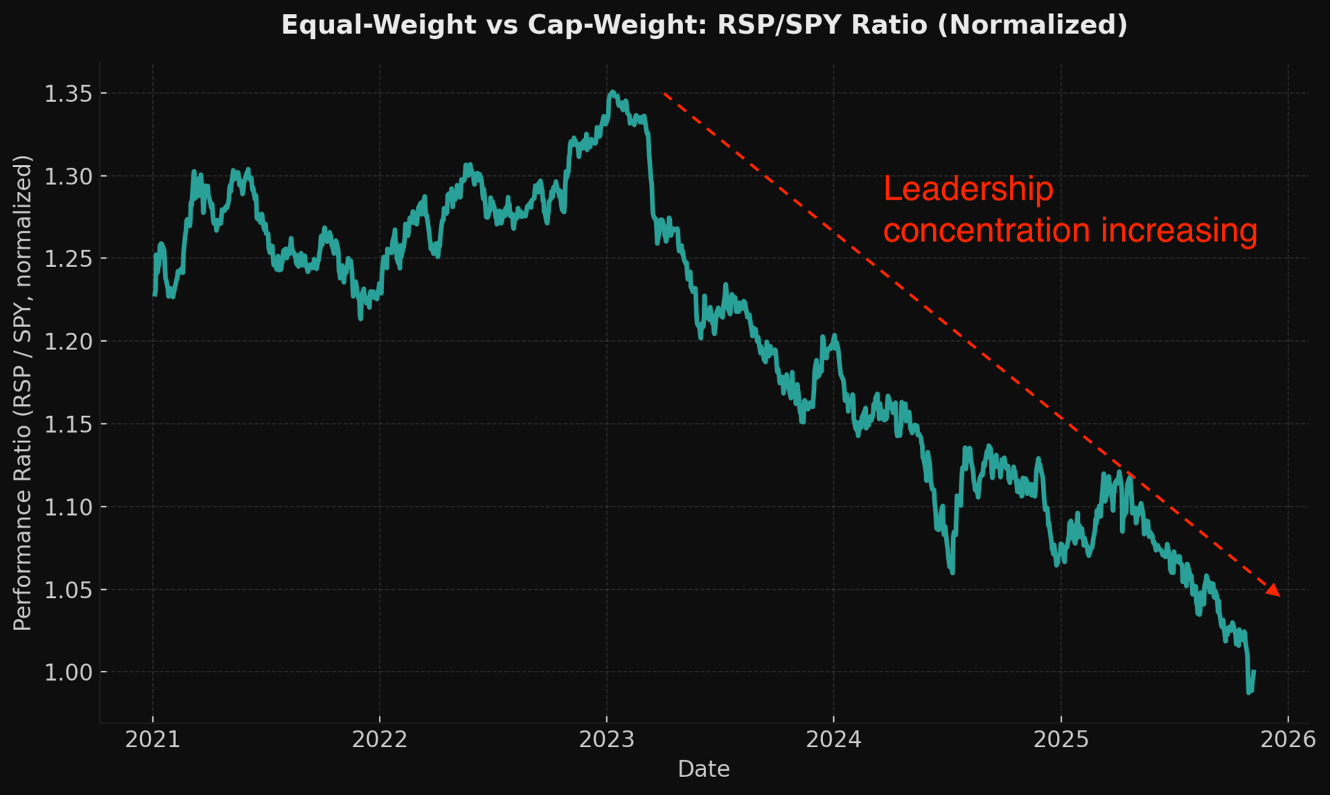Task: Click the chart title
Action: (x=704, y=25)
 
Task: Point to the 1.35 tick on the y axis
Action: (x=68, y=94)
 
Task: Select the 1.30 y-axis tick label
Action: (x=68, y=176)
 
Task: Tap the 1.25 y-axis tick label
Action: (x=68, y=259)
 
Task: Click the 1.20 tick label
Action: (x=68, y=341)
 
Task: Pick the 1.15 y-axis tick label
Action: (x=68, y=424)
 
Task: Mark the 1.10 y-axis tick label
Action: (x=68, y=507)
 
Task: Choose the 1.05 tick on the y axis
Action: (x=68, y=590)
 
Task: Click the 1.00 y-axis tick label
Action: (x=68, y=672)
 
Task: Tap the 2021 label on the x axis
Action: (x=152, y=740)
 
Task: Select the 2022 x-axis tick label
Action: (x=380, y=740)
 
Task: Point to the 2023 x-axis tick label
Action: (x=607, y=740)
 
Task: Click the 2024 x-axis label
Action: (x=833, y=740)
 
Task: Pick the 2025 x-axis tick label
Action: (x=1061, y=740)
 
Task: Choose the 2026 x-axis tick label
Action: (x=1288, y=740)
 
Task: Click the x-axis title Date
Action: (x=704, y=769)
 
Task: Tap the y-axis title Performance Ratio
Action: (x=23, y=393)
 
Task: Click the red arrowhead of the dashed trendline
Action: (x=1273, y=590)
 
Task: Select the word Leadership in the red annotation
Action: (x=968, y=189)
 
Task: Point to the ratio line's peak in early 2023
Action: (x=612, y=91)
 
